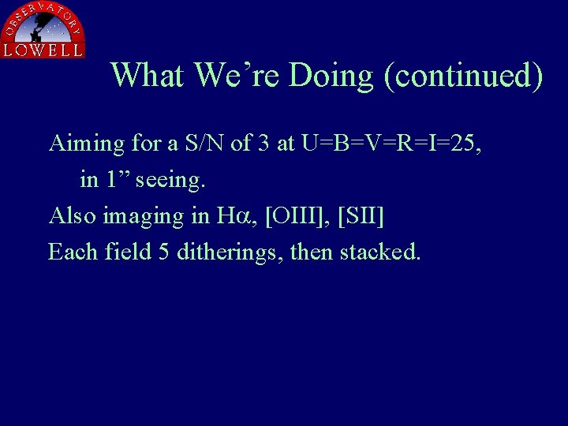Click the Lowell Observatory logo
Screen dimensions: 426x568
pyautogui.click(x=43, y=30)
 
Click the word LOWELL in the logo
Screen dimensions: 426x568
pyautogui.click(x=43, y=50)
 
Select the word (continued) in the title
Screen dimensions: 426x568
pyautogui.click(x=463, y=76)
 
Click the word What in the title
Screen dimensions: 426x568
pyautogui.click(x=148, y=76)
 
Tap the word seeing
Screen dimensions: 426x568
pyautogui.click(x=170, y=180)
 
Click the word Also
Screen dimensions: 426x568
pyautogui.click(x=73, y=215)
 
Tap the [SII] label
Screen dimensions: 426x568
pyautogui.click(x=361, y=215)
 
